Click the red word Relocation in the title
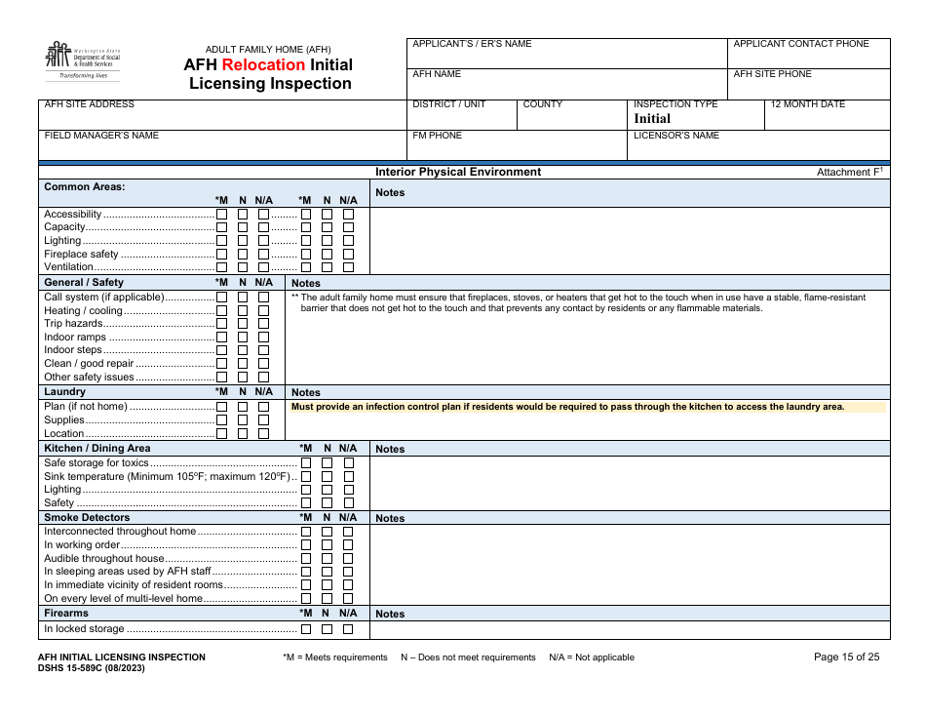click(263, 65)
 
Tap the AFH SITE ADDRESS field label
click(90, 104)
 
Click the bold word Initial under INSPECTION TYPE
click(652, 119)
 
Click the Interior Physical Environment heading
click(458, 172)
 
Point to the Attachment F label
click(849, 173)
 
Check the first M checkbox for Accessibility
click(222, 214)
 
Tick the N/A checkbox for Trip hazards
click(263, 324)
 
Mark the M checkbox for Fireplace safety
click(222, 254)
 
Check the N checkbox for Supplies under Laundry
click(243, 420)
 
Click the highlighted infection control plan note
click(567, 407)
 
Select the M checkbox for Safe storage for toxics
click(306, 462)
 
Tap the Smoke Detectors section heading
click(87, 518)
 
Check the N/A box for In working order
click(348, 545)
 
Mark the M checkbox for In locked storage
click(306, 629)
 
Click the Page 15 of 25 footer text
click(846, 657)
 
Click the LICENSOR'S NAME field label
click(676, 136)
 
